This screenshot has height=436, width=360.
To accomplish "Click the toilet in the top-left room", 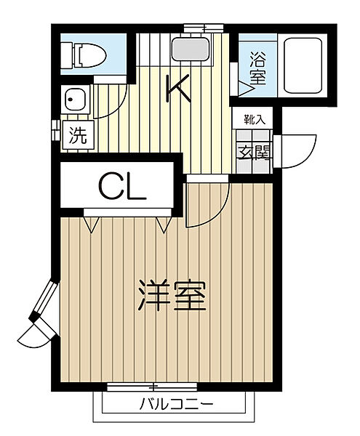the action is [x=84, y=54].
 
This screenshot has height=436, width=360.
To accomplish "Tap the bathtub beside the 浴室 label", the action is [x=303, y=66].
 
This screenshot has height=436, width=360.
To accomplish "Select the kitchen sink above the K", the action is [x=191, y=49].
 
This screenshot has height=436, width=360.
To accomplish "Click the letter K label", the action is [x=177, y=88].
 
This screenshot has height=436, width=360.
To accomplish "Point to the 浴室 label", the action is [x=257, y=68].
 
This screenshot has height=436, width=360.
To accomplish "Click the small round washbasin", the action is [x=75, y=100].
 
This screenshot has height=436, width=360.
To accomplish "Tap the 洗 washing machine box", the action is [x=79, y=135].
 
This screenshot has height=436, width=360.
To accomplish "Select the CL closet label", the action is [x=122, y=187].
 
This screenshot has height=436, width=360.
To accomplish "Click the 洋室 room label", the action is [x=172, y=295].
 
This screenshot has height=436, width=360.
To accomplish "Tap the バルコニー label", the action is [x=176, y=404].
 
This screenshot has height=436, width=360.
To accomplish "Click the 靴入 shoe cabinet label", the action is [x=255, y=120].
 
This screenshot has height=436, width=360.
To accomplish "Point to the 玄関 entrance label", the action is [x=255, y=153].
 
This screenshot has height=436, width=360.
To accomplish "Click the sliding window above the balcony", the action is [x=152, y=387].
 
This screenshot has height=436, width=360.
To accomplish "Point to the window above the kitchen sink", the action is [x=204, y=28].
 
